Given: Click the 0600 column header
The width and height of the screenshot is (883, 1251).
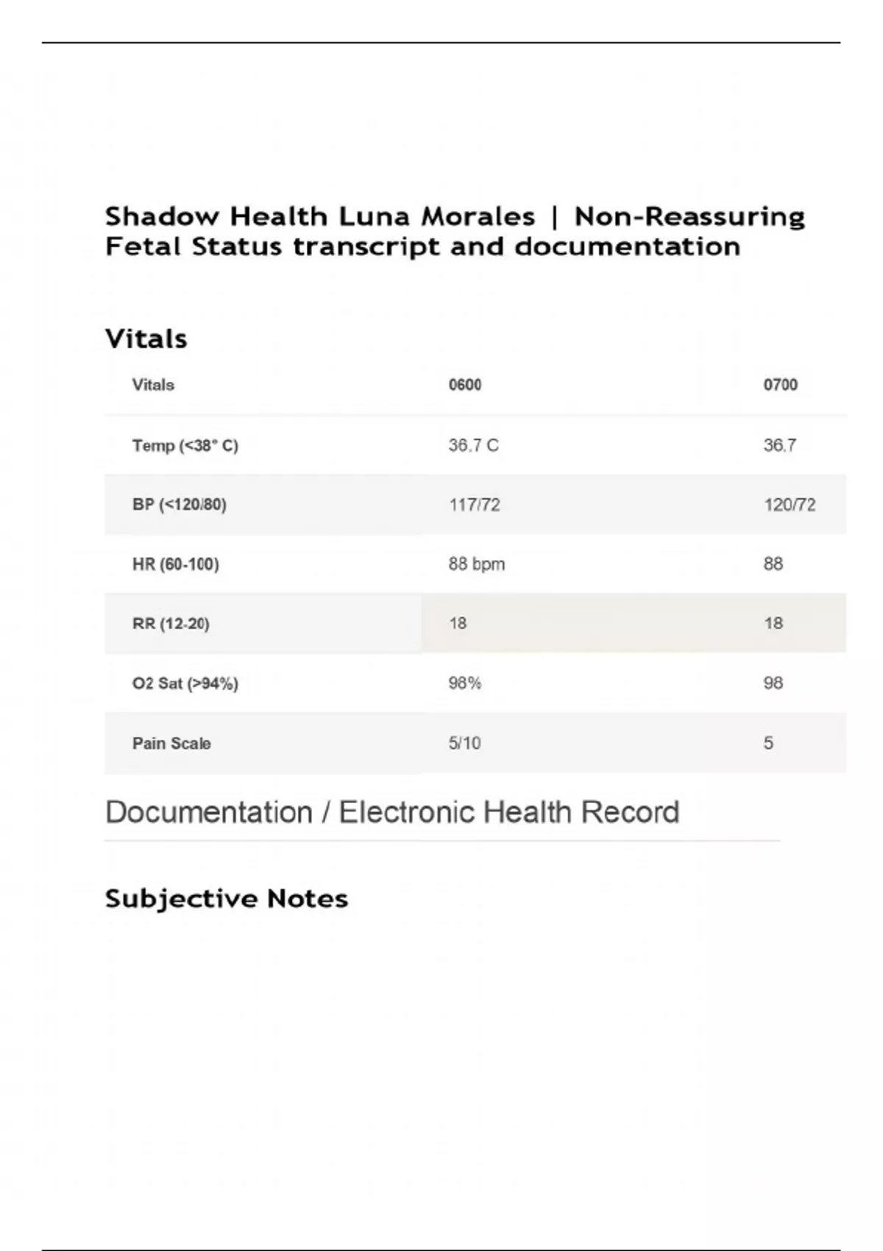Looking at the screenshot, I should point(465,385).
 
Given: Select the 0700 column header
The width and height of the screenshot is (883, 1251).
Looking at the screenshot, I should point(780,385).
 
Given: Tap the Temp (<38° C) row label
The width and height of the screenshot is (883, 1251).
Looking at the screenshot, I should point(185,445).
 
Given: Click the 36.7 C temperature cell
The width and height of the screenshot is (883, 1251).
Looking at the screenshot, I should point(473,445).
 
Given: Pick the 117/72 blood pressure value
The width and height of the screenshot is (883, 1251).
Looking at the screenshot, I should point(474,505).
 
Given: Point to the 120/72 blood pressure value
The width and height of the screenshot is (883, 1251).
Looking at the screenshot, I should point(789,505).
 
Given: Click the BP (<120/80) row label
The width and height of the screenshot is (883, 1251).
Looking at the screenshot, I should point(179,505).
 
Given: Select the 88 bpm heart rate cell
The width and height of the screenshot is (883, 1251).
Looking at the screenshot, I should point(476,564).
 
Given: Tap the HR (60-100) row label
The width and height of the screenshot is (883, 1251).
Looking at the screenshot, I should point(175,564).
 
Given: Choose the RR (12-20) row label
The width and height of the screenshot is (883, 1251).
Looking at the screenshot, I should point(171,624).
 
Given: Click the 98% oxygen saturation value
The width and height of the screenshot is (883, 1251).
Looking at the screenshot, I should point(464,684).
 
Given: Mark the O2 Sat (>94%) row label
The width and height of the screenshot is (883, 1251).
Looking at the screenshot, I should point(185,684).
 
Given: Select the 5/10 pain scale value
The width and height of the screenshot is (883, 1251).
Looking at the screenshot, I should point(464,743).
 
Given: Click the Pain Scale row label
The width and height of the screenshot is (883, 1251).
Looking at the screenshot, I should point(171,743).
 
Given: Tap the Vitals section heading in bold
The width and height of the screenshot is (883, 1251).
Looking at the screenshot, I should point(146,339).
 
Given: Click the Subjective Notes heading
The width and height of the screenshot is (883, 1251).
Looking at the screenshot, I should point(226,899).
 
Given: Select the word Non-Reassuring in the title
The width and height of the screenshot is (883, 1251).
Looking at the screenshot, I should point(689,216).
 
